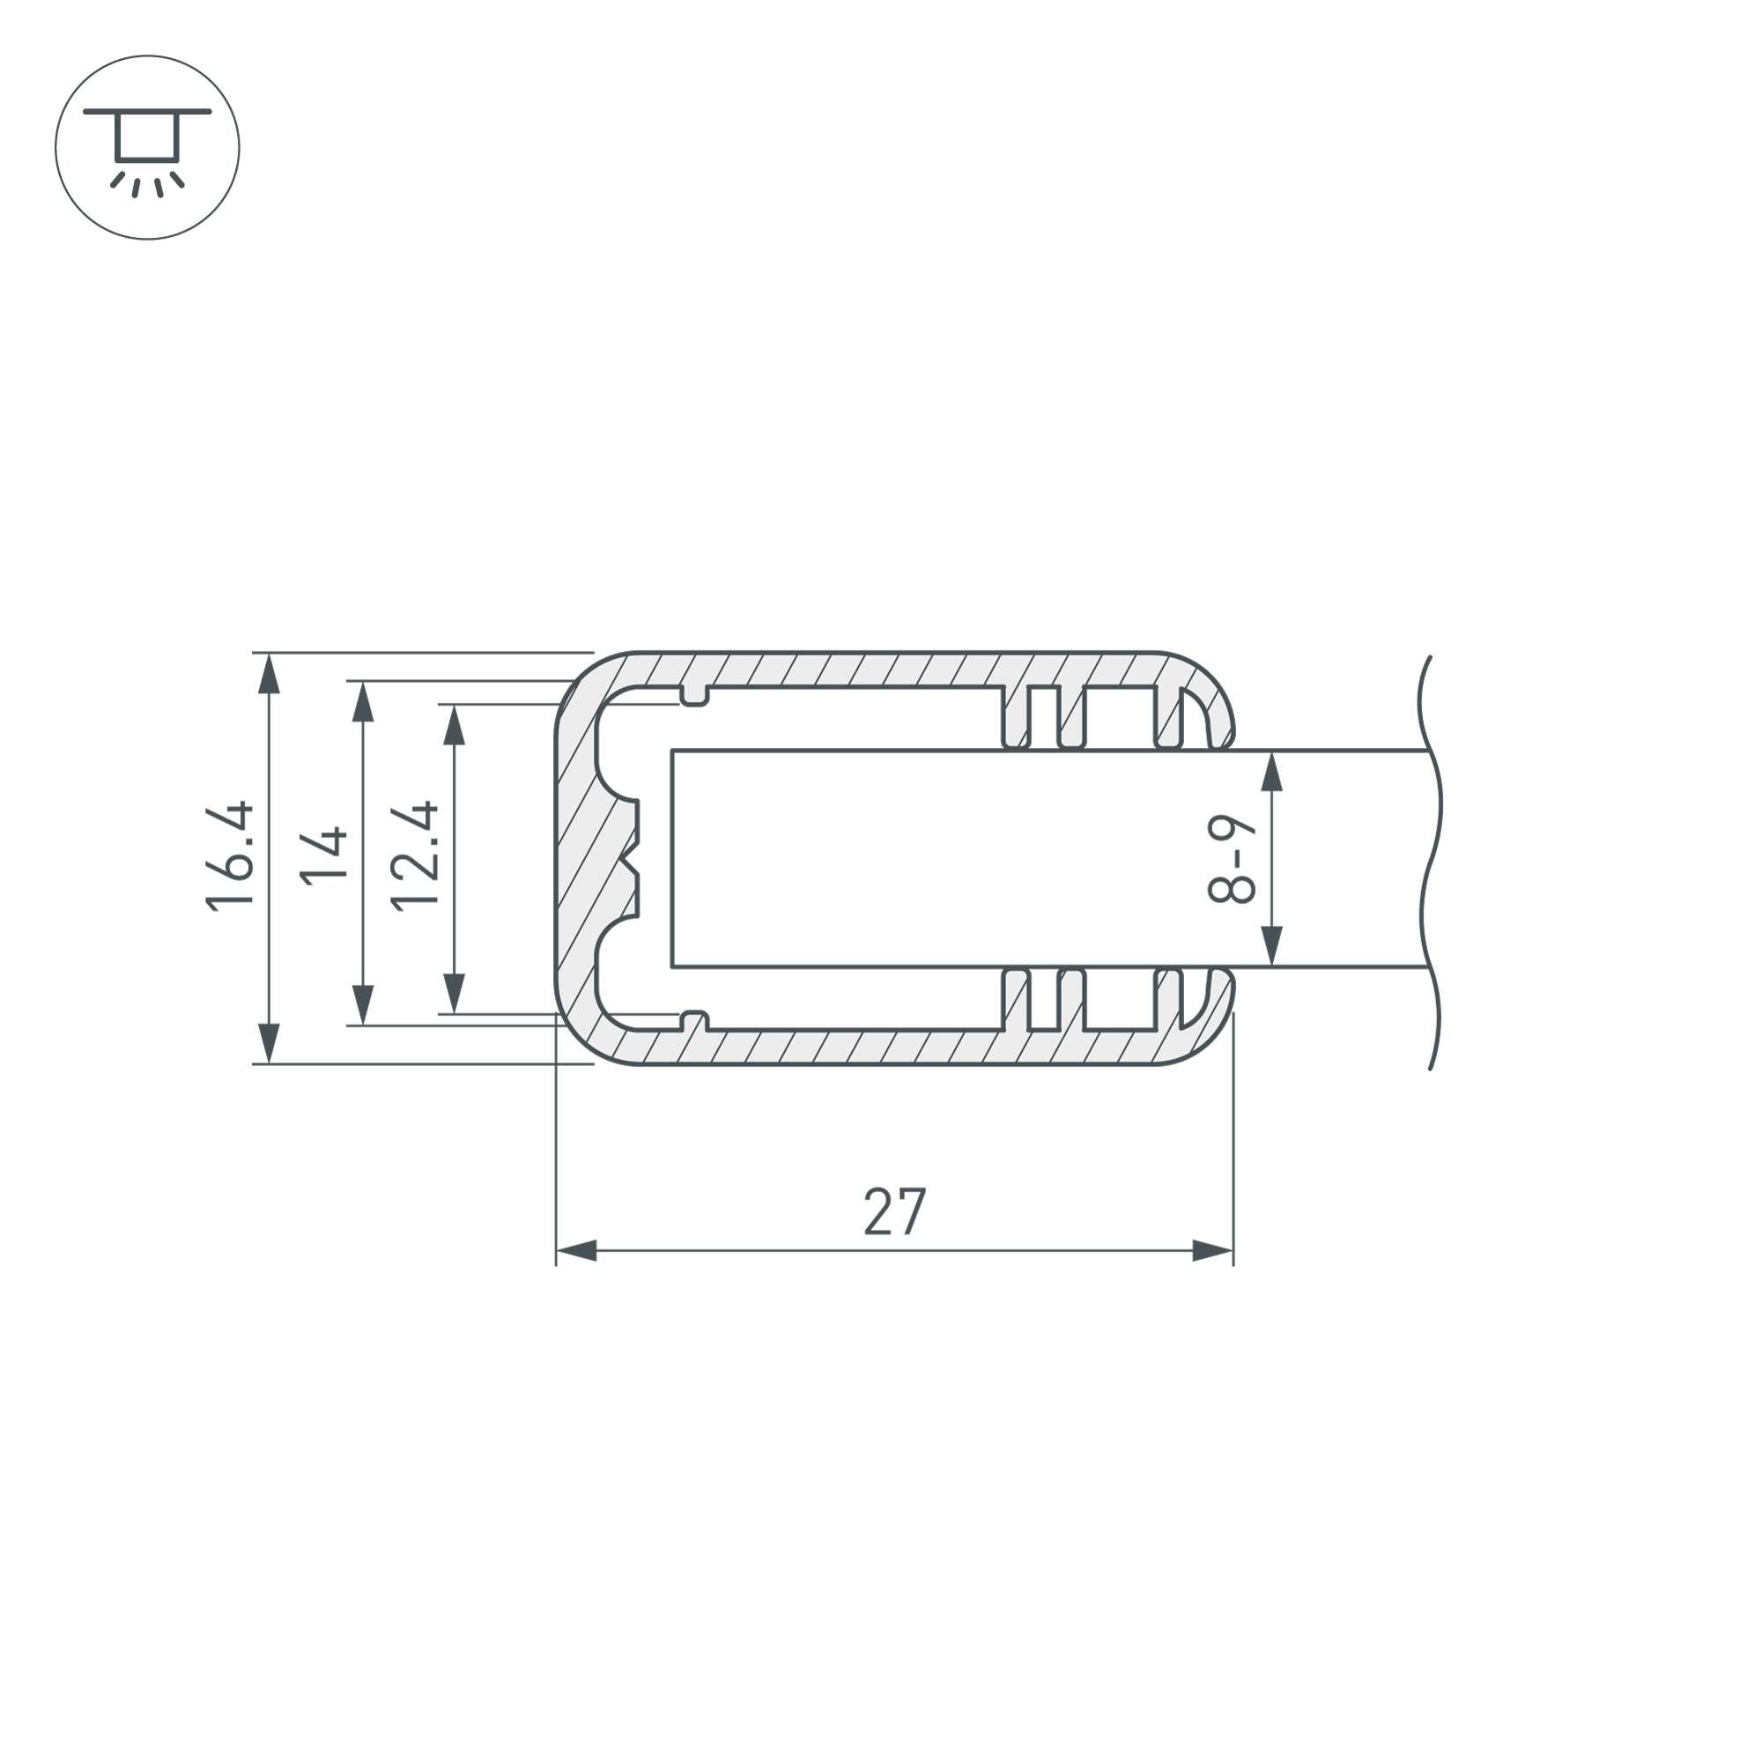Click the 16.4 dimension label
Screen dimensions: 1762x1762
click(230, 856)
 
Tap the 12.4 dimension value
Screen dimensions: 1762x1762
click(414, 856)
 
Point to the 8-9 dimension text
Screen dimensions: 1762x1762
click(1232, 859)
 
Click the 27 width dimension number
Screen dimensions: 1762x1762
click(895, 1212)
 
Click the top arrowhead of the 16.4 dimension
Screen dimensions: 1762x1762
click(268, 674)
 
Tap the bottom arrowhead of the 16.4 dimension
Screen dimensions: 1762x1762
click(268, 1043)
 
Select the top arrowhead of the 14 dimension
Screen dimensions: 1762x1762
click(363, 701)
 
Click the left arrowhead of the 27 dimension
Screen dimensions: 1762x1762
click(576, 1251)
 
